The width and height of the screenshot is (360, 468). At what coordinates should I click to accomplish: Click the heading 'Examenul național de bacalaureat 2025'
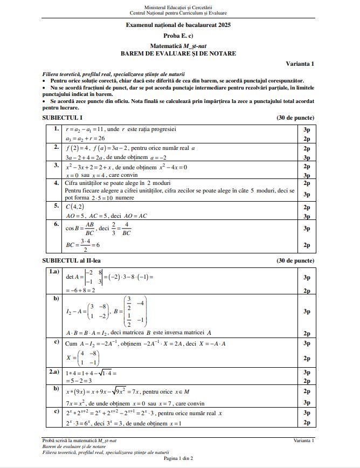178,25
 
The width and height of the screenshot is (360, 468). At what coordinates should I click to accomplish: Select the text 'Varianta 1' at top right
301,64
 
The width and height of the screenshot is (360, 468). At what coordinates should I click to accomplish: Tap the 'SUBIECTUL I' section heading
63,118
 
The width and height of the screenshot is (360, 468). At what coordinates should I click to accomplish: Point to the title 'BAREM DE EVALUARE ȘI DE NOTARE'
178,53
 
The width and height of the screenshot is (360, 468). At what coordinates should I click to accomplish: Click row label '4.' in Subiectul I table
56,182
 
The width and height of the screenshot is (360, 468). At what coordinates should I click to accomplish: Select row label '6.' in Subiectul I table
56,223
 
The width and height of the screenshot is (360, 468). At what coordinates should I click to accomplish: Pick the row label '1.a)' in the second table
54,272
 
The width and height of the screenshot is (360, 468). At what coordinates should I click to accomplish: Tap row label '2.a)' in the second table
54,372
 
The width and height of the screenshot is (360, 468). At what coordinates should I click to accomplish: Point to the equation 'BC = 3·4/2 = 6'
81,244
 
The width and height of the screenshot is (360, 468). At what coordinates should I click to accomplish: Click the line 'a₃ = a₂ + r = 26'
85,138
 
